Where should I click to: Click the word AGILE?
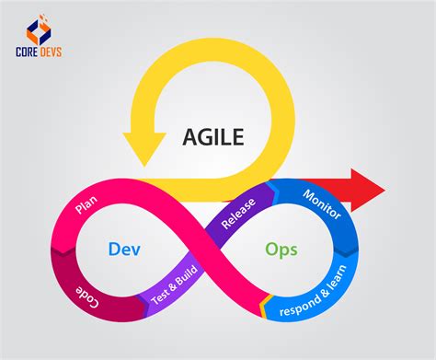[x=213, y=137]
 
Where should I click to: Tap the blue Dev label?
[x=124, y=249]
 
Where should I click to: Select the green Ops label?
[x=281, y=250]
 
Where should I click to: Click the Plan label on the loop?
[x=86, y=204]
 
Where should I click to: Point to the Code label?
[x=87, y=296]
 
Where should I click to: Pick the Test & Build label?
[x=174, y=285]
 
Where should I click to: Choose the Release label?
[x=238, y=214]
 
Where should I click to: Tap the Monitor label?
[x=322, y=204]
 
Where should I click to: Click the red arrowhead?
[x=368, y=190]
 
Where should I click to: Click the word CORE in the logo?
[x=27, y=52]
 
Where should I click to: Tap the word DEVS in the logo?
[x=51, y=52]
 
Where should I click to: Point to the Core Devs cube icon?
[x=39, y=29]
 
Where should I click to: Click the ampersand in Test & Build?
[x=173, y=286]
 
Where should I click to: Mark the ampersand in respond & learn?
[x=324, y=292]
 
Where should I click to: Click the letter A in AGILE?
[x=190, y=137]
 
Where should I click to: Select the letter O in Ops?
[x=271, y=249]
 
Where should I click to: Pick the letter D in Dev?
[x=114, y=249]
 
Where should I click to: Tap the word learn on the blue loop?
[x=338, y=276]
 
